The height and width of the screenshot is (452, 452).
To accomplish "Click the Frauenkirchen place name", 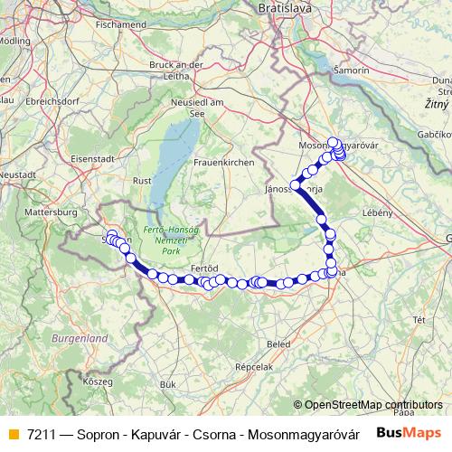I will (222, 161).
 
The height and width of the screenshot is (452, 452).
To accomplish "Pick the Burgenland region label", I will (80, 337).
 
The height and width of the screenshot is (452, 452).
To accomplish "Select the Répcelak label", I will (253, 368).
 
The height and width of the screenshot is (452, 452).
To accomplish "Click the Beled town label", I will (278, 344).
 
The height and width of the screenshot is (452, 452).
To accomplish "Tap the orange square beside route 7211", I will (13, 434).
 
